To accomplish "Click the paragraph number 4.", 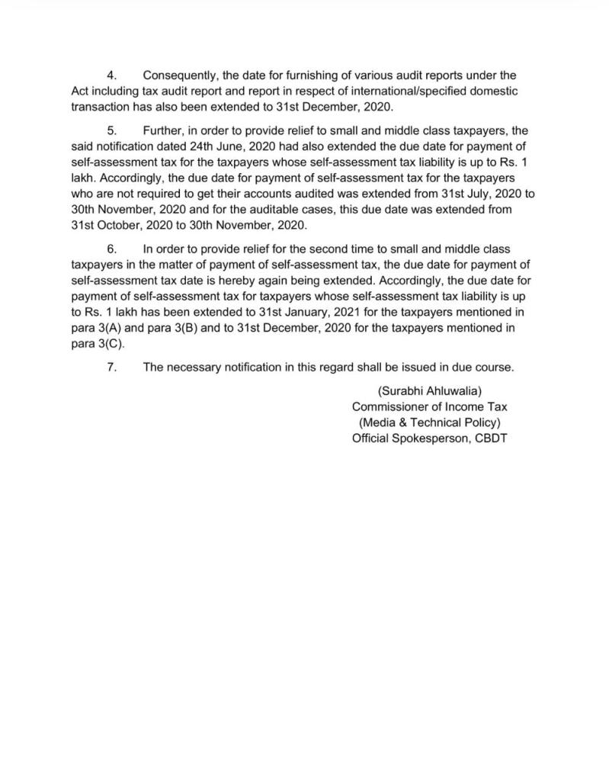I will [111, 75].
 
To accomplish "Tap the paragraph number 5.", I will [111, 131].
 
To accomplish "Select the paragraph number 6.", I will [111, 249].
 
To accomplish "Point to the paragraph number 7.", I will [111, 367].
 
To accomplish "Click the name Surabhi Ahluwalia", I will [430, 391].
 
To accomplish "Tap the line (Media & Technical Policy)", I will [430, 422].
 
